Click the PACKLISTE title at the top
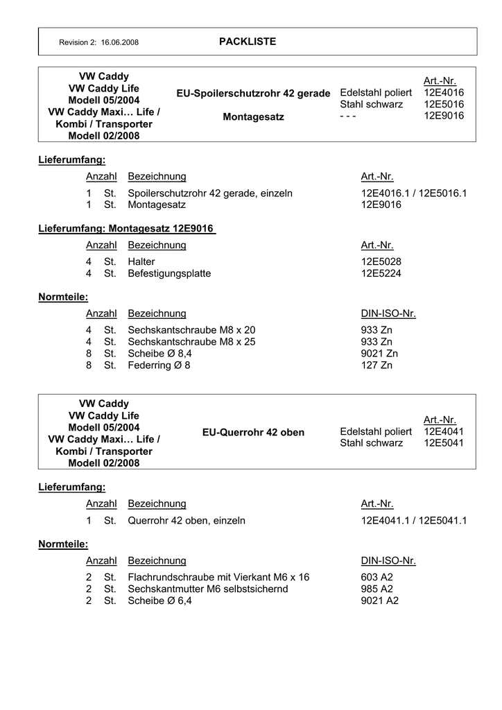pyautogui.click(x=248, y=42)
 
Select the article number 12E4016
pyautogui.click(x=444, y=92)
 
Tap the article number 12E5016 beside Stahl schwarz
pyautogui.click(x=444, y=104)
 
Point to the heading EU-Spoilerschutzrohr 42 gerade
pyautogui.click(x=253, y=93)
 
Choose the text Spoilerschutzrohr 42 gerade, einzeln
pyautogui.click(x=210, y=193)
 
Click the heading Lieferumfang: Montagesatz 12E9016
pyautogui.click(x=126, y=228)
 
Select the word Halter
pyautogui.click(x=141, y=261)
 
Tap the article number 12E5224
pyautogui.click(x=381, y=273)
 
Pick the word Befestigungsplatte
pyautogui.click(x=169, y=273)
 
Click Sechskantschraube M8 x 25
pyautogui.click(x=191, y=342)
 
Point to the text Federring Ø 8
pyautogui.click(x=159, y=365)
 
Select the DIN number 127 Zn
pyautogui.click(x=376, y=365)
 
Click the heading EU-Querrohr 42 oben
pyautogui.click(x=253, y=432)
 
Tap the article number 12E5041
pyautogui.click(x=444, y=443)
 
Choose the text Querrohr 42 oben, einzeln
pyautogui.click(x=187, y=520)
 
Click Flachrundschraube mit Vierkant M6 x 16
pyautogui.click(x=218, y=577)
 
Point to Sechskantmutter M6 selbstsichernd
pyautogui.click(x=208, y=589)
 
